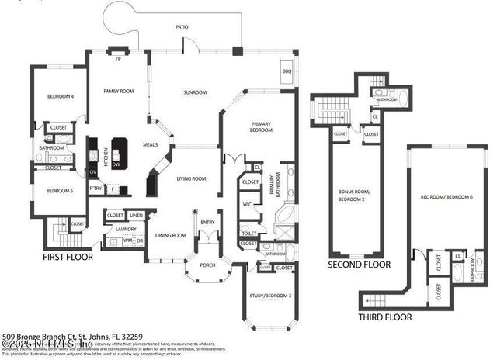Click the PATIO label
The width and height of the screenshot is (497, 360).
[182, 27]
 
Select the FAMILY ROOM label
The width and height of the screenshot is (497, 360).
[119, 91]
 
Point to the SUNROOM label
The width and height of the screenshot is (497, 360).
[194, 93]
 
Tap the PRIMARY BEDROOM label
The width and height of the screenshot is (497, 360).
[260, 126]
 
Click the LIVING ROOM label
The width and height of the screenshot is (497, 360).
[190, 178]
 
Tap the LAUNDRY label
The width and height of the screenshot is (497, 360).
[125, 229]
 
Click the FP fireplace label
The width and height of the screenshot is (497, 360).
[118, 59]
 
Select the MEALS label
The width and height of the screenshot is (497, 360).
[151, 144]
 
